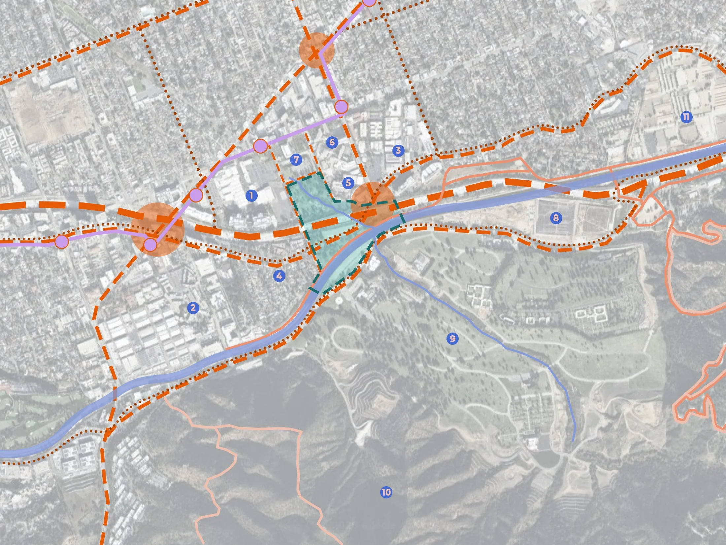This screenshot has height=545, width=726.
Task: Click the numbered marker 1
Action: [251, 196]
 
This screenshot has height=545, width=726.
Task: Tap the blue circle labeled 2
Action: [193, 308]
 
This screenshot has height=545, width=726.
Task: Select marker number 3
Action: [398, 150]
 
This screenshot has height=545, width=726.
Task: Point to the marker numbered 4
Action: [279, 276]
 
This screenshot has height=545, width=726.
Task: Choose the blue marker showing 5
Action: [348, 183]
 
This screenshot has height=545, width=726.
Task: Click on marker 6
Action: [332, 142]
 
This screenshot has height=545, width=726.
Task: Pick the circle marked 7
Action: [296, 160]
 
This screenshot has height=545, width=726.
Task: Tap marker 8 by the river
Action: [556, 218]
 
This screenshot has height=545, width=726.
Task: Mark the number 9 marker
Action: [452, 338]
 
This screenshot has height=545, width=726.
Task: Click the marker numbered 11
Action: [686, 117]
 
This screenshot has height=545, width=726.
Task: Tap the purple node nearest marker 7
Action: [260, 146]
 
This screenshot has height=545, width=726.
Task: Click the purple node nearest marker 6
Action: [341, 107]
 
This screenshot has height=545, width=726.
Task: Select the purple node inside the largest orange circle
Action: [150, 245]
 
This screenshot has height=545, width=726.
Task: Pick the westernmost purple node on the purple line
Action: [61, 242]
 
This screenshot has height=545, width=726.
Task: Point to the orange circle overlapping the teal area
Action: [373, 203]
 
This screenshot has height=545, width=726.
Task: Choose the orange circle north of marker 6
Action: [316, 50]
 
